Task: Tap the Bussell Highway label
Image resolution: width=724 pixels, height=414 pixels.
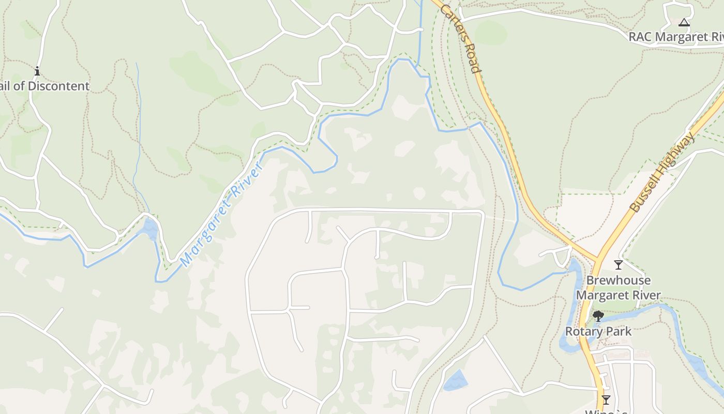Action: (x=662, y=172)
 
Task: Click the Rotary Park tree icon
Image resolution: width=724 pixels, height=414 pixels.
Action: (x=598, y=316)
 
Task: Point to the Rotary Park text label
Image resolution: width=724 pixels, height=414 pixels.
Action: (x=598, y=331)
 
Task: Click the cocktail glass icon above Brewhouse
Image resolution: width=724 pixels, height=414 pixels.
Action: (x=618, y=265)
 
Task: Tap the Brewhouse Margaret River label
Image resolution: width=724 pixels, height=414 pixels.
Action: (x=619, y=288)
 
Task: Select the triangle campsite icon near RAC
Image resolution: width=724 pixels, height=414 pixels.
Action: (x=684, y=22)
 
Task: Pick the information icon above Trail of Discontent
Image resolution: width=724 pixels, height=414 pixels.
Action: (x=37, y=71)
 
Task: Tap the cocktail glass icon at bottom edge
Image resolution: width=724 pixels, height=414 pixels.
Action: (x=606, y=400)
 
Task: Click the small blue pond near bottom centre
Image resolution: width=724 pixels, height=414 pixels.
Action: (x=455, y=381)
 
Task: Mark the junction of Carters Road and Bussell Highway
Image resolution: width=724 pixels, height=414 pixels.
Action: (x=598, y=259)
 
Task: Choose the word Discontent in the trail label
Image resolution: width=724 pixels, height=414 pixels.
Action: (x=58, y=86)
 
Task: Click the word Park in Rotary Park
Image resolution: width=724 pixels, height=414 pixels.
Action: (x=620, y=331)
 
